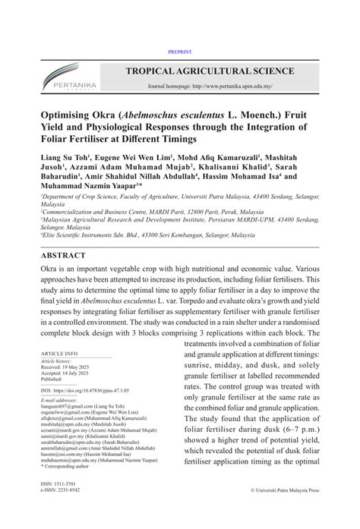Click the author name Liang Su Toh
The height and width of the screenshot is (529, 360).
tap(65, 160)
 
